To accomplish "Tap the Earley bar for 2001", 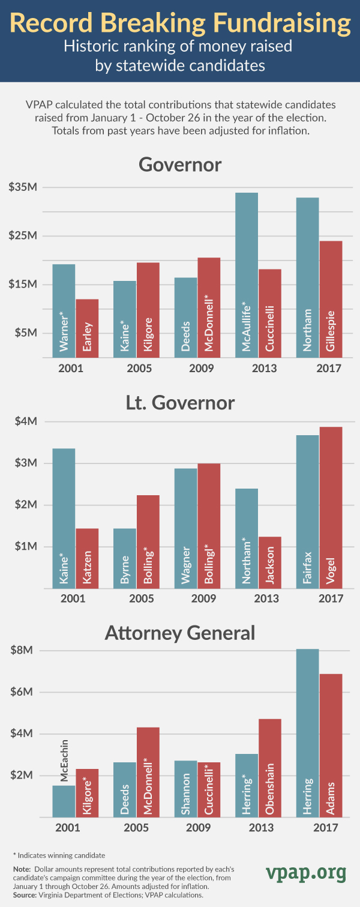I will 87,328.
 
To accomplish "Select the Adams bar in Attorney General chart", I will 331,745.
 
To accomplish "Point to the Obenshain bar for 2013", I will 269,768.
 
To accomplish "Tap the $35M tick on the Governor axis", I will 23,187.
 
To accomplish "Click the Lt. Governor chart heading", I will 180,402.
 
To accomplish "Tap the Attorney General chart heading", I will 180,633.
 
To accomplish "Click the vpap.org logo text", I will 306,871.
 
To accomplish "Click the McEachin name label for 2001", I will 64,759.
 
